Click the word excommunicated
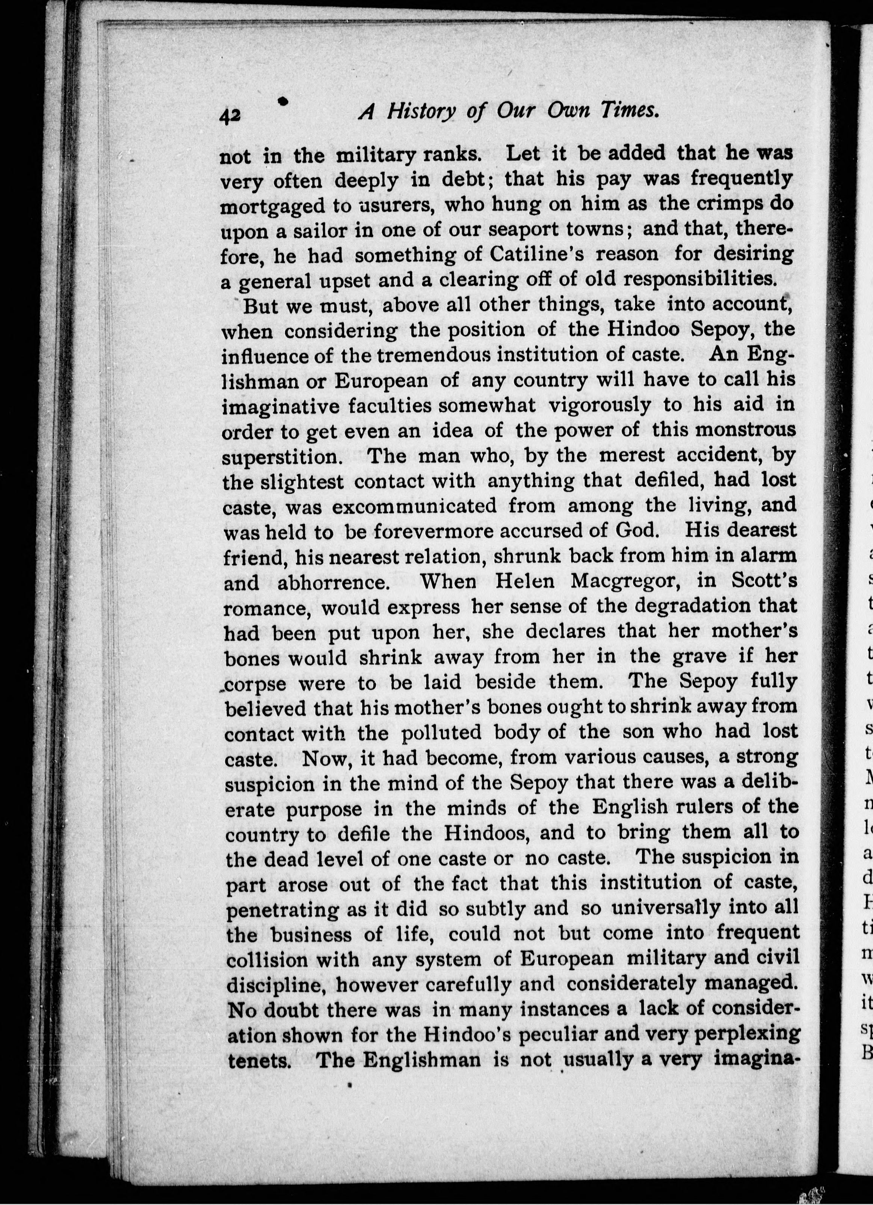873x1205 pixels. [x=414, y=506]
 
